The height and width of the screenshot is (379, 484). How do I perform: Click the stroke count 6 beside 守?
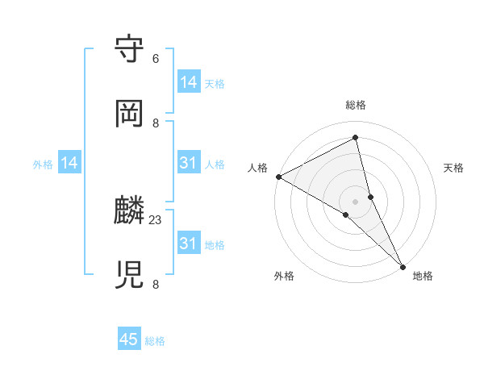(156, 59)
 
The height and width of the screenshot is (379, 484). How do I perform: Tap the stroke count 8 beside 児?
(156, 285)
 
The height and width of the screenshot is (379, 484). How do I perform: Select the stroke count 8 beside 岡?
(156, 123)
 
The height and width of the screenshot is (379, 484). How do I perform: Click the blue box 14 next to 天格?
(189, 82)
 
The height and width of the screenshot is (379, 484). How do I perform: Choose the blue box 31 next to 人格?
(189, 164)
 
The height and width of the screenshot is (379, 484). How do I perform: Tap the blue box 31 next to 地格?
(189, 244)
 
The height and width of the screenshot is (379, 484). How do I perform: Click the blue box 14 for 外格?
(69, 164)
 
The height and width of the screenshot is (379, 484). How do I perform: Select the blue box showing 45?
(129, 339)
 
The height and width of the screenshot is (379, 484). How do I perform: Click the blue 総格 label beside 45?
(155, 341)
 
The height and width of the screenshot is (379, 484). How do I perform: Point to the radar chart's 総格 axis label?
(356, 105)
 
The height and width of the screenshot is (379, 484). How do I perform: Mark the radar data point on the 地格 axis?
(403, 265)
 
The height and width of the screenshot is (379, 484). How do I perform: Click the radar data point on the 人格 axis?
(278, 177)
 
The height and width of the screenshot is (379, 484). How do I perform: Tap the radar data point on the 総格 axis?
(356, 138)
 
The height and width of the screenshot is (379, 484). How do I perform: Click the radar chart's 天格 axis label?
(453, 168)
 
